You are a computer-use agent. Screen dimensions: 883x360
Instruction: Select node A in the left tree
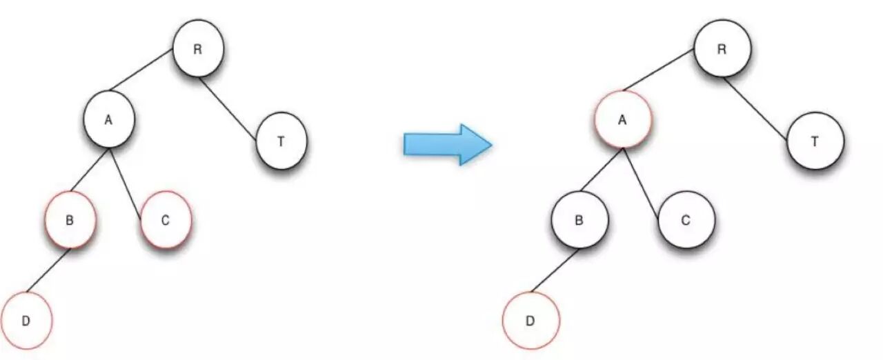108,121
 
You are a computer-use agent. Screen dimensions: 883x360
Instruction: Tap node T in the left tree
281,142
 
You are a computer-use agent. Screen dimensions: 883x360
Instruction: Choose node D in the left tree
26,321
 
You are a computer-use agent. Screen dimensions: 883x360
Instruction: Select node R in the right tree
722,49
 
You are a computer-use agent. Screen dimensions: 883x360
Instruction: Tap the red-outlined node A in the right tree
622,119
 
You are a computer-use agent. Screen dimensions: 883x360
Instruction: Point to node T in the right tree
815,141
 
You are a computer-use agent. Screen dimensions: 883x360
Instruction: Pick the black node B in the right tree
579,221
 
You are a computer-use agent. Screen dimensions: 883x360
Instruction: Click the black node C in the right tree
686,221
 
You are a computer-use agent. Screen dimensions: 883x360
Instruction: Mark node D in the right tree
530,321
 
